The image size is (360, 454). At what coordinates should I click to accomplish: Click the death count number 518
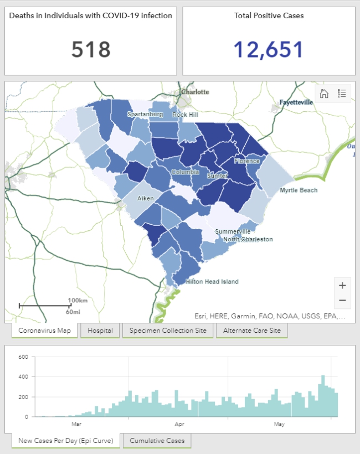point(91,50)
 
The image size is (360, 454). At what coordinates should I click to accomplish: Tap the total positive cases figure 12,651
point(268,50)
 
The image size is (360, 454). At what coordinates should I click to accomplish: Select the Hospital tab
point(100,331)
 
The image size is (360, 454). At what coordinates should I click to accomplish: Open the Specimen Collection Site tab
point(168,331)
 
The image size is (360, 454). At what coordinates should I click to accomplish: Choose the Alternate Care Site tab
point(251,331)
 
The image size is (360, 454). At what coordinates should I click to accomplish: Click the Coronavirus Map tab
point(44,331)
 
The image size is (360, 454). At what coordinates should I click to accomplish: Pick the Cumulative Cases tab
point(157,441)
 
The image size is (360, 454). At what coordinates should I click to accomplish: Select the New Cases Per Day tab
point(65,441)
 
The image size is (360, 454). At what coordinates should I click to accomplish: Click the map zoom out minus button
point(342,301)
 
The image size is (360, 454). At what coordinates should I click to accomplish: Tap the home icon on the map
point(324,94)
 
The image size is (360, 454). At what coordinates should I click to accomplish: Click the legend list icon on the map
point(341,94)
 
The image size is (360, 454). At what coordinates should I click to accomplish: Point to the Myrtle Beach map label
point(299,190)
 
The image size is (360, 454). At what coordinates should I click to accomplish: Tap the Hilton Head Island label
point(212,282)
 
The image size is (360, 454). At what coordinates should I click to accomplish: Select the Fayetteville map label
point(295,102)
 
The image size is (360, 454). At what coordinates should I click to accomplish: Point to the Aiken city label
point(146,198)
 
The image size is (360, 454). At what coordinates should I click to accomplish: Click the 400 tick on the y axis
point(23,377)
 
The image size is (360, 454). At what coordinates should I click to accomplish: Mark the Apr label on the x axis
point(179,425)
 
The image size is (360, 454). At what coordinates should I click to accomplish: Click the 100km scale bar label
point(78,300)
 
